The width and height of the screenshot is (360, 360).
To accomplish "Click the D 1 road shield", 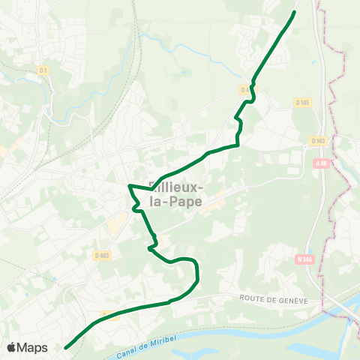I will [x=43, y=70].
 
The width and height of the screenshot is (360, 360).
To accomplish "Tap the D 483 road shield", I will [x=102, y=256].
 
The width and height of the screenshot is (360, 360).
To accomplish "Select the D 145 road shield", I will [x=303, y=103].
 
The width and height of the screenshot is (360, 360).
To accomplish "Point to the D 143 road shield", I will [x=318, y=140].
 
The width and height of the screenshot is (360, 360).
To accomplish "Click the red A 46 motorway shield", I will [x=321, y=163].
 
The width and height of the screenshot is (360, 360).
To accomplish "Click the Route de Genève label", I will [x=274, y=298].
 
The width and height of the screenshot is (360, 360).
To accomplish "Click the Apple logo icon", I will [x=12, y=347].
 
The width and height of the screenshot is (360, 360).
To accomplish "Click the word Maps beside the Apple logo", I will [x=33, y=347].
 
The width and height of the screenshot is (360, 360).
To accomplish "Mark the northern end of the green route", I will [x=294, y=12].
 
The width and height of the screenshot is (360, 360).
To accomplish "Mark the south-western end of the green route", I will [x=66, y=347].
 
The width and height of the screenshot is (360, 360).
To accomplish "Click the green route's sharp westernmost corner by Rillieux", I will [x=130, y=184].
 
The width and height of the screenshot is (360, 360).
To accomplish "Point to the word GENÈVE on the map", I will [x=290, y=298].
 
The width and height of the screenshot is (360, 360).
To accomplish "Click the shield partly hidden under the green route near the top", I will [x=245, y=90].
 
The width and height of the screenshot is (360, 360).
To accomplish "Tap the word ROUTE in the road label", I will [x=253, y=298].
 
